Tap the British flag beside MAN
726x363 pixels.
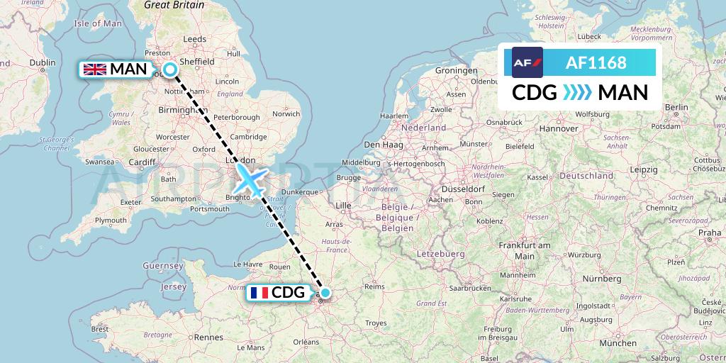click(94, 69)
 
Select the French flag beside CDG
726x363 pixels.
click(259, 292)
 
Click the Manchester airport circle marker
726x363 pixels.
click(170, 69)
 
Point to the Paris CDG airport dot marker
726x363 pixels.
click(325, 292)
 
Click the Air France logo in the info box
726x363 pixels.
click(527, 62)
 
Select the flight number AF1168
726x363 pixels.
click(596, 62)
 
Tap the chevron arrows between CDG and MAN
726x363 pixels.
click(566, 93)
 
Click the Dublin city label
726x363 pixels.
click(42, 62)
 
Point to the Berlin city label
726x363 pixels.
click(676, 107)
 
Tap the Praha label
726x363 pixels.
click(709, 233)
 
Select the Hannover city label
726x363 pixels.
click(559, 129)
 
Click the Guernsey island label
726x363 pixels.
click(163, 265)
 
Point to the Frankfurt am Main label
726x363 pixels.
click(524, 250)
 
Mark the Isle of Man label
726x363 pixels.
click(99, 23)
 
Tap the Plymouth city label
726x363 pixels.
click(111, 220)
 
